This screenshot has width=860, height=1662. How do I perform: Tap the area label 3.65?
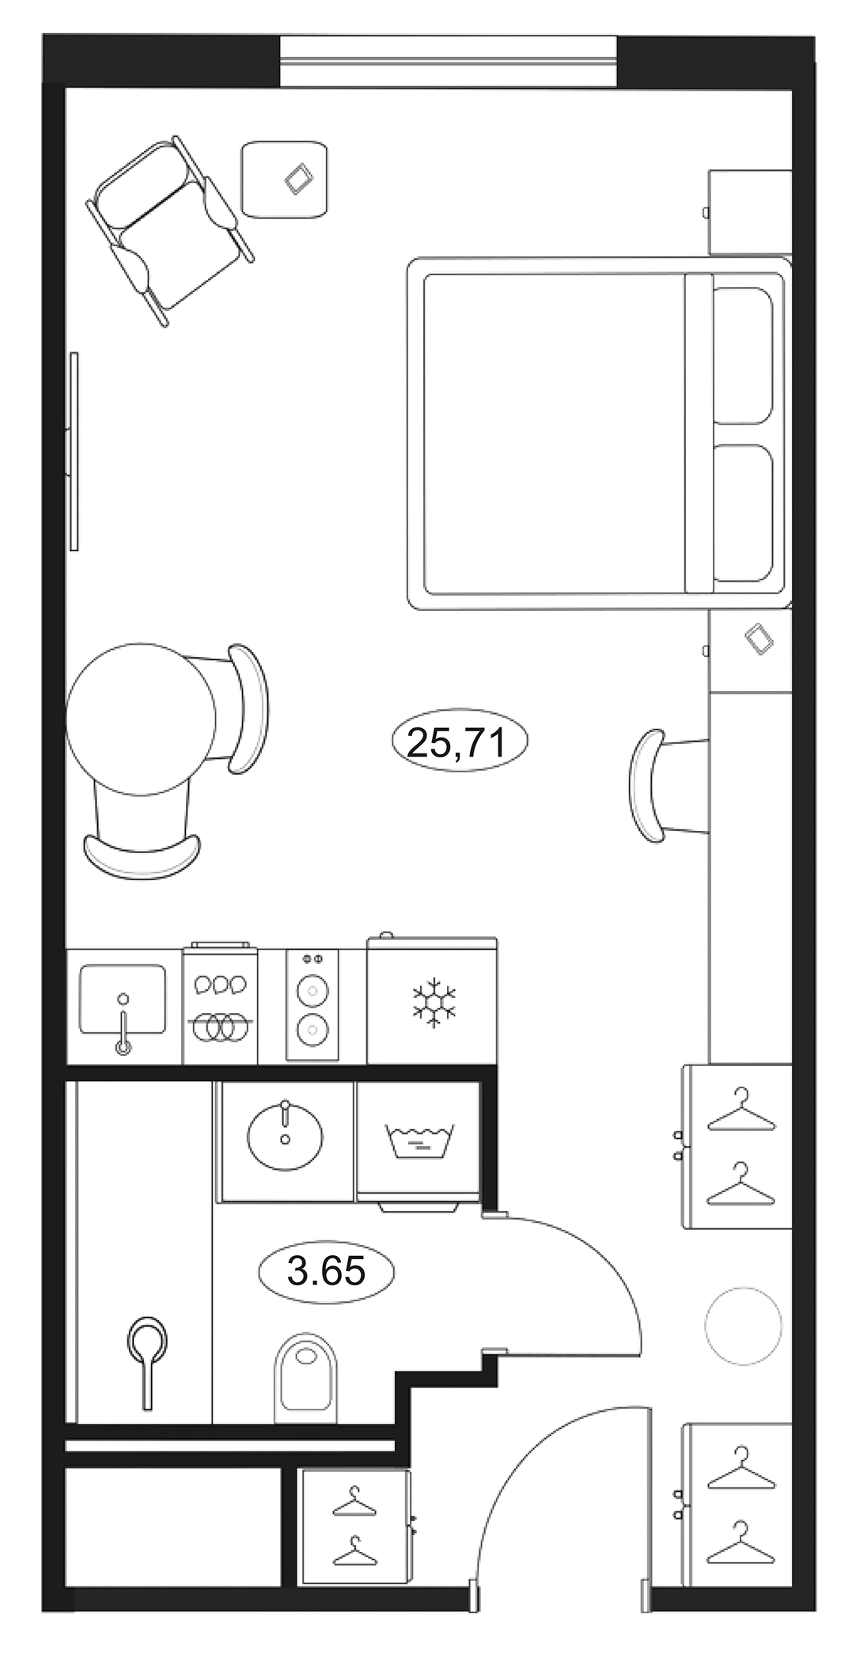pos(326,1271)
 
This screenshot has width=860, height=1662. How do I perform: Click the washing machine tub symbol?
pos(419,1140)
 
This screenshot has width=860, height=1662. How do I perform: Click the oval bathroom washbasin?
pos(285,1136)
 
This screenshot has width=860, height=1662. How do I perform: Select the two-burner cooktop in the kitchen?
pos(313,1005)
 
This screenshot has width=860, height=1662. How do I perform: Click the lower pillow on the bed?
pos(743,512)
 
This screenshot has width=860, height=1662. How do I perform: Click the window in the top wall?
pos(448,61)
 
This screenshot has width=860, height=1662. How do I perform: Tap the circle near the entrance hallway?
pos(743,1325)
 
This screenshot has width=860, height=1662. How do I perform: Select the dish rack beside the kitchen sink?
pos(220,1005)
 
